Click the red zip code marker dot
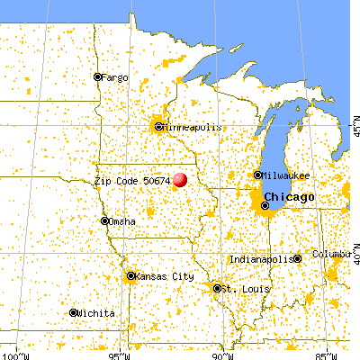pyautogui.click(x=181, y=180)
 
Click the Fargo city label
pyautogui.click(x=115, y=77)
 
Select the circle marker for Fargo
pyautogui.click(x=97, y=77)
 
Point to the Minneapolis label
pyautogui.click(x=191, y=127)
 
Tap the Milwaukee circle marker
pyautogui.click(x=258, y=175)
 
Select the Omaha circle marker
pyautogui.click(x=105, y=220)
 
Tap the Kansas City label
pyautogui.click(x=163, y=276)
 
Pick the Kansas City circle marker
pyautogui.click(x=131, y=276)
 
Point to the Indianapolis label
pyautogui.click(x=261, y=259)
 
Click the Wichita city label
pyautogui.click(x=97, y=313)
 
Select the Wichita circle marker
pyautogui.click(x=74, y=312)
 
